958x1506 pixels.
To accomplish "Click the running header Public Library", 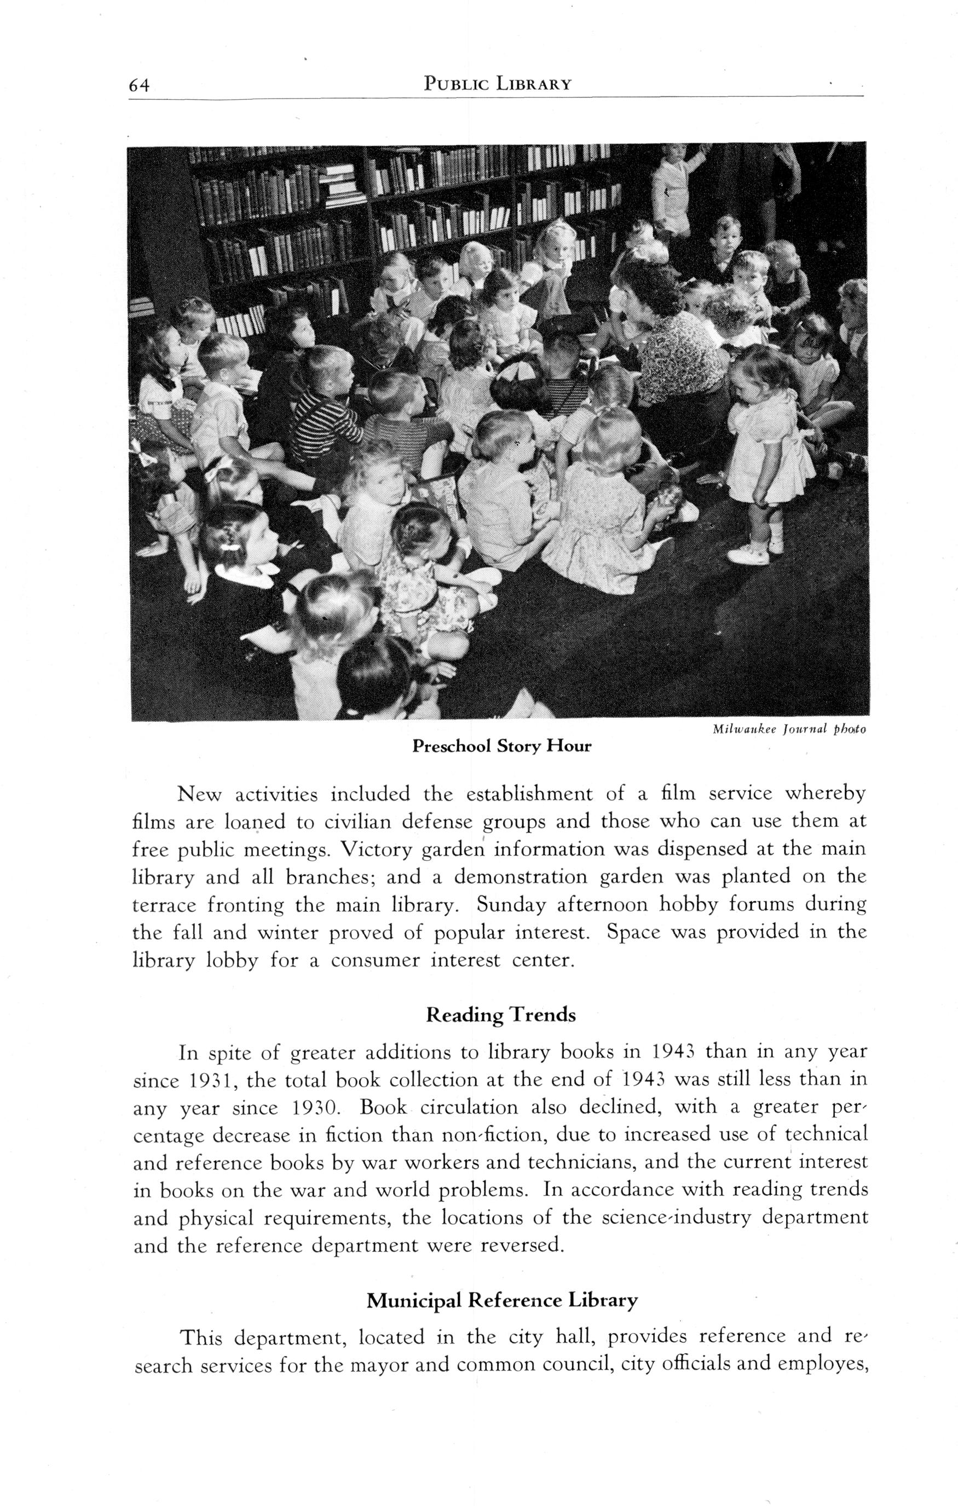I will coord(497,83).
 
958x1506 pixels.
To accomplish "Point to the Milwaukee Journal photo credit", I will coord(788,729).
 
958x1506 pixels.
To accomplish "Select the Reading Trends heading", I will coord(500,1015).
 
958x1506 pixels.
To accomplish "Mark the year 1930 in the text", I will coord(316,1108).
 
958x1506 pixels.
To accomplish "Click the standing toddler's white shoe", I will coord(748,554).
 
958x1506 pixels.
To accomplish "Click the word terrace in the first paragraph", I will coord(164,906).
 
